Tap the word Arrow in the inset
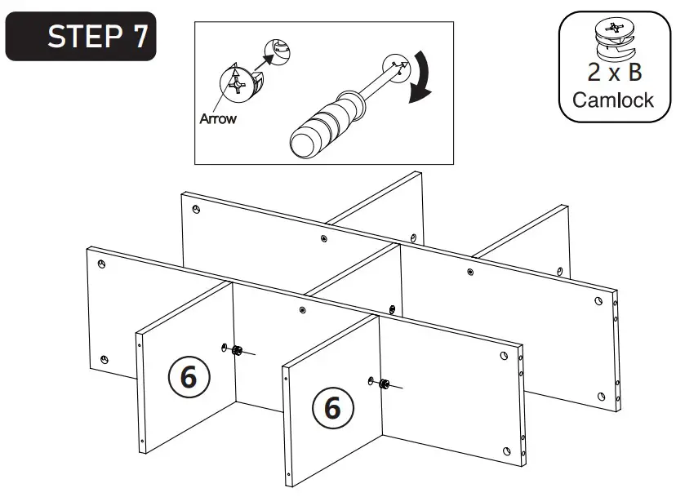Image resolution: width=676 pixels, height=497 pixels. click(218, 119)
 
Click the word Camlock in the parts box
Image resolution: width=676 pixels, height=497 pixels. click(613, 100)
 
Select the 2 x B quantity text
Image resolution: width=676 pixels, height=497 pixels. click(614, 72)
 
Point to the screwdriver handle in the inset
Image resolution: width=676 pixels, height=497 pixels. click(322, 123)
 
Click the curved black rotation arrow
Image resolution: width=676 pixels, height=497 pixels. click(421, 78)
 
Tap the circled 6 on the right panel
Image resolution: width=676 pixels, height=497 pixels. click(331, 406)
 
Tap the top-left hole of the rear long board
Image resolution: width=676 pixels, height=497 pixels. click(197, 210)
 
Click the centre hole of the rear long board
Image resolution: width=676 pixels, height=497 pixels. click(323, 239)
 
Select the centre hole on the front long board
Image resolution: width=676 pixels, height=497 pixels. click(302, 310)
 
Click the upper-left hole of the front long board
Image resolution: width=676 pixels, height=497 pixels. click(100, 264)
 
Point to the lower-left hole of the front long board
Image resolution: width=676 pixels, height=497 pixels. click(104, 359)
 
